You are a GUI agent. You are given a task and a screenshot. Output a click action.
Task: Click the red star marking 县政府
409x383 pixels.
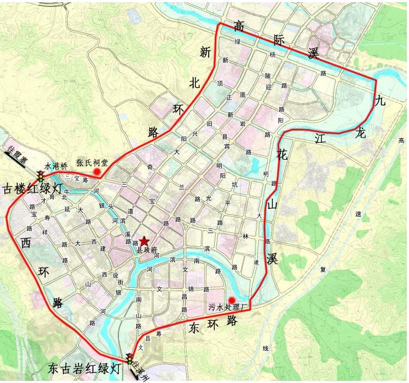click(x=144, y=242)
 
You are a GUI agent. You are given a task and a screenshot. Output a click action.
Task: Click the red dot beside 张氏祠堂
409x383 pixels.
click(x=97, y=172)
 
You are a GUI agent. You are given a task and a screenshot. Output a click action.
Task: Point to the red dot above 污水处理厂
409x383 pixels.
click(x=232, y=300)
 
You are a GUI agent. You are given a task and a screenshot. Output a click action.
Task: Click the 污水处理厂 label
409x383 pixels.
click(x=227, y=308)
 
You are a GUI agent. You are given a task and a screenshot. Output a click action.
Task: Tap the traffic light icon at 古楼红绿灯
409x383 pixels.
click(x=40, y=175)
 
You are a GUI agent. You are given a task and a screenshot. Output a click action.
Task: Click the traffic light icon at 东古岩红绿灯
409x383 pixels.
click(x=129, y=358)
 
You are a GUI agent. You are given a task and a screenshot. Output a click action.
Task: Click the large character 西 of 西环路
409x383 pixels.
click(x=26, y=243)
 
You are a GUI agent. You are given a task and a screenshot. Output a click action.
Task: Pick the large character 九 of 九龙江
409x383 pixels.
click(x=381, y=100)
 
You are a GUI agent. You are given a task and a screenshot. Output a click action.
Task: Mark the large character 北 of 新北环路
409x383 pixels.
click(x=195, y=82)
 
